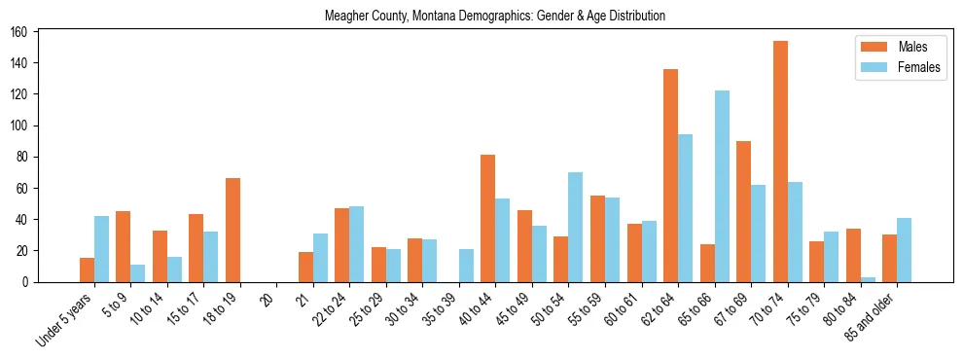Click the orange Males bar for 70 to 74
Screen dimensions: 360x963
coord(780,162)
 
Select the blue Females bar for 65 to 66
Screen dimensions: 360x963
coord(722,186)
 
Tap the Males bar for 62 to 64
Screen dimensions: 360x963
coord(670,175)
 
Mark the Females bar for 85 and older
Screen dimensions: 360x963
coord(905,250)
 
